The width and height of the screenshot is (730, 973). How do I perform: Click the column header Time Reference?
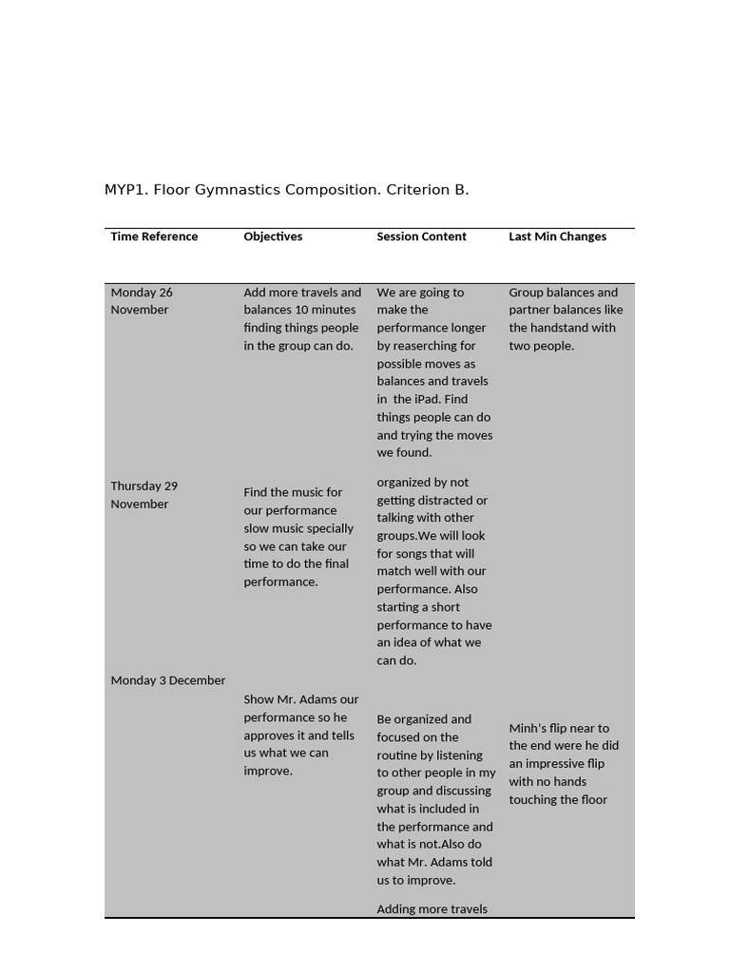[154, 237]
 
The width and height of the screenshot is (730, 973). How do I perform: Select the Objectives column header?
[273, 237]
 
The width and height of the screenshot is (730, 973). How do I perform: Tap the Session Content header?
[421, 237]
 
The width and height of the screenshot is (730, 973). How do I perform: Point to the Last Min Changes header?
[557, 237]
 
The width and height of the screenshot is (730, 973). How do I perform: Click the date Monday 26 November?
[142, 300]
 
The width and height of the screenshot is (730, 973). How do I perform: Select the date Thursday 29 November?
[144, 494]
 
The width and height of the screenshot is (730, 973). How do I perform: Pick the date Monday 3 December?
[167, 680]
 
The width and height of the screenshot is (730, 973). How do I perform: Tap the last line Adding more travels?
[432, 909]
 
